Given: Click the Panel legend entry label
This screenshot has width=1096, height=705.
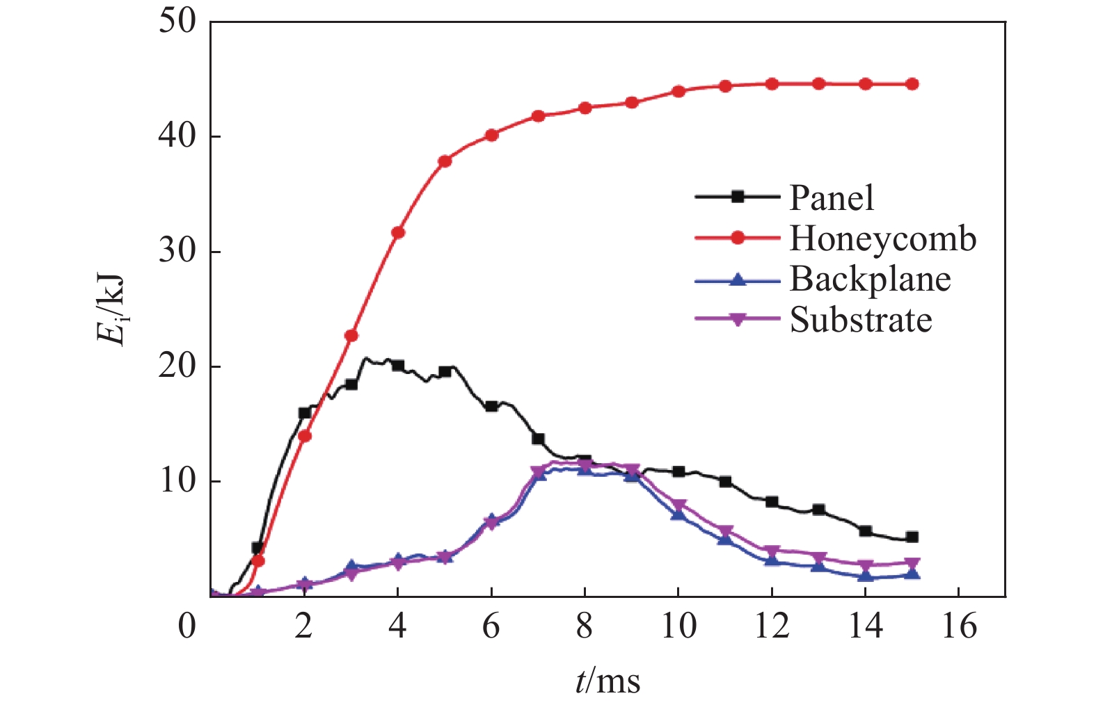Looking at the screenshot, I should pos(831,197).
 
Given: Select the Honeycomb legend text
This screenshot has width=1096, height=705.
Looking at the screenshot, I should pos(882,238).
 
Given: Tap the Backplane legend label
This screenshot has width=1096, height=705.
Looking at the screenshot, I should pos(870,279).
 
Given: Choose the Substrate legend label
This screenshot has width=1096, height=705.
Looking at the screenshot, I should pos(861,320).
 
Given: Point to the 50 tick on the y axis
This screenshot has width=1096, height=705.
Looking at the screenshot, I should pos(178,21).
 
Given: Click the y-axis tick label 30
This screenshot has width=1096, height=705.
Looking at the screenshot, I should pos(178,251).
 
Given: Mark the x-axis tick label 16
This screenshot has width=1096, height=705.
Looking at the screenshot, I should pos(959,626).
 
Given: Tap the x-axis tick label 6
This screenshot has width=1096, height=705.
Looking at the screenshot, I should pos(491,626).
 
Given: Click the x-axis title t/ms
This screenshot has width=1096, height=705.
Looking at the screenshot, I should pos(607,681).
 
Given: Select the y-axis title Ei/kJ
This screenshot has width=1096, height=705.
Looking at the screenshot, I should pos(111,309).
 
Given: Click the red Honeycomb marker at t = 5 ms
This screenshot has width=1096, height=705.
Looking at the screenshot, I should pos(445,161).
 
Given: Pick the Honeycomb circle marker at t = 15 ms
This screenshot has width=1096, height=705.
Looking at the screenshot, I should pos(912,84).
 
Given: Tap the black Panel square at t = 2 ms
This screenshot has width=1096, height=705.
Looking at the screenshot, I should pos(304,413).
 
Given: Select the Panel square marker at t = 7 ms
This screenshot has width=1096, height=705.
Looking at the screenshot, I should pos(538,439).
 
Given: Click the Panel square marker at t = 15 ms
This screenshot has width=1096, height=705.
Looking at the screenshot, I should pos(912,537).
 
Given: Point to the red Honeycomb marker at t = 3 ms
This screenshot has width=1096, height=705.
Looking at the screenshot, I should pos(351,335).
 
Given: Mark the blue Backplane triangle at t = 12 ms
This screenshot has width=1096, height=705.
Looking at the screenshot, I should pos(772,560).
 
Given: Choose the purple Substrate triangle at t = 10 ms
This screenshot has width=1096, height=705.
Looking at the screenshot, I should pos(678,505).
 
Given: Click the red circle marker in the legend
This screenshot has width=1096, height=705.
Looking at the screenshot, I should pos(738,238).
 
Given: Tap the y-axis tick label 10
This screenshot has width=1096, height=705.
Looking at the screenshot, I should pos(178,481).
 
